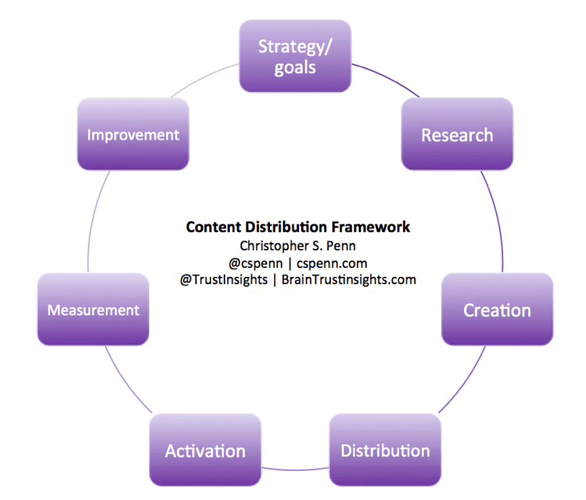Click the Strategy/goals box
pyautogui.click(x=295, y=56)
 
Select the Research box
pyautogui.click(x=456, y=134)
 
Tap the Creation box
pyautogui.click(x=496, y=310)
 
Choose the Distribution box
pyautogui.click(x=385, y=450)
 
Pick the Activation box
pyautogui.click(x=205, y=450)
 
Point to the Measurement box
pyautogui.click(x=93, y=310)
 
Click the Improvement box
pyautogui.click(x=133, y=134)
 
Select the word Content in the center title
pyautogui.click(x=212, y=227)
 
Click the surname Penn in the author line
pyautogui.click(x=342, y=245)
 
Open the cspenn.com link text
pyautogui.click(x=331, y=262)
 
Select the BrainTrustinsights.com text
pyautogui.click(x=349, y=279)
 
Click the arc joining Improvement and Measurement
pyautogui.click(x=90, y=224)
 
